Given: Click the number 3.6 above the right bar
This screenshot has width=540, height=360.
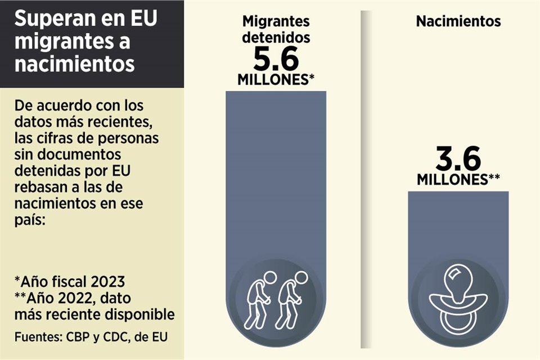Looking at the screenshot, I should tap(458, 160).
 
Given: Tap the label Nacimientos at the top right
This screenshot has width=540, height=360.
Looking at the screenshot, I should tap(458, 22).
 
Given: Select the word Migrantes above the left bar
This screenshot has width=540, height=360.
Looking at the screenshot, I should tap(276, 22).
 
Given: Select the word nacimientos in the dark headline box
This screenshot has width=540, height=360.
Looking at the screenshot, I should tap(74, 63).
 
